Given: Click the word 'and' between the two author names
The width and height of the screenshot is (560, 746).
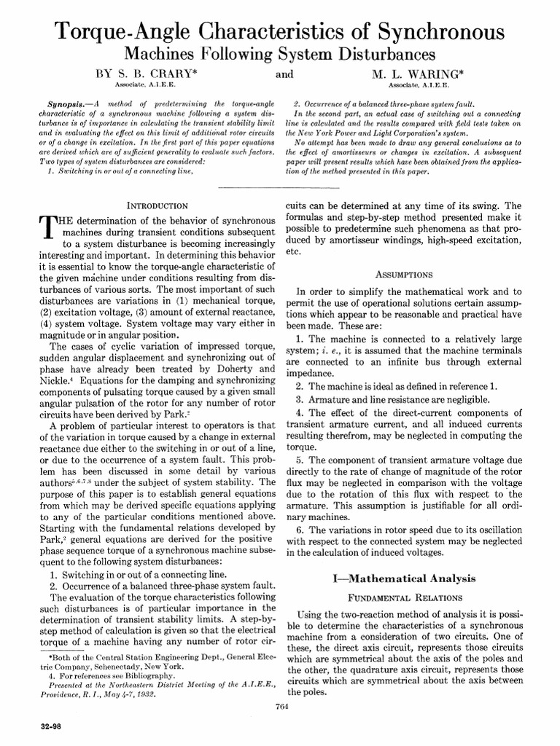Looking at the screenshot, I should coord(285,74).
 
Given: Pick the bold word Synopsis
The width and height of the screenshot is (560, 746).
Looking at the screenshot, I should coord(59,104).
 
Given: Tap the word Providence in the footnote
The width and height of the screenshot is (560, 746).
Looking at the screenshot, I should coord(60,695).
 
